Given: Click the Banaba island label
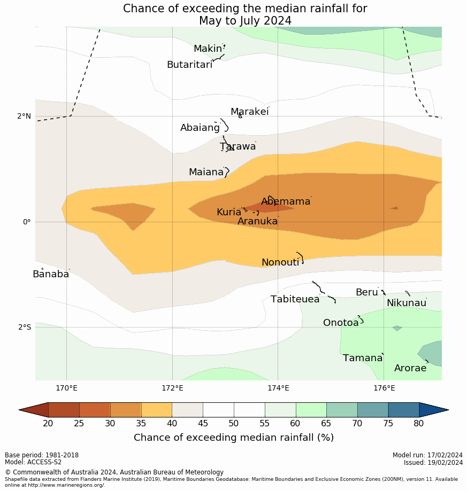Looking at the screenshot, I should pyautogui.click(x=51, y=274).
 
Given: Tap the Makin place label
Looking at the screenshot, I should pyautogui.click(x=208, y=49).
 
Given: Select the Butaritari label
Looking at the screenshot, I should pyautogui.click(x=189, y=65).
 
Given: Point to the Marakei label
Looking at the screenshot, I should pyautogui.click(x=249, y=112).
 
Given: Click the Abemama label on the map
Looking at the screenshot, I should pyautogui.click(x=286, y=201).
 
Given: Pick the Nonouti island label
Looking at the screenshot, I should pyautogui.click(x=280, y=262).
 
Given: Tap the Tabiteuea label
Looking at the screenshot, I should pyautogui.click(x=295, y=299).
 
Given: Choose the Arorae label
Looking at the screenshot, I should pyautogui.click(x=410, y=368).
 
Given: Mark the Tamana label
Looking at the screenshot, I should pyautogui.click(x=363, y=358).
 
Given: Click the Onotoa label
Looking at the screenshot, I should pyautogui.click(x=341, y=323).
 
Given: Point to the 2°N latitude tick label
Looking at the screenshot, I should pyautogui.click(x=25, y=116).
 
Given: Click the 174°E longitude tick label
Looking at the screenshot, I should pyautogui.click(x=278, y=387).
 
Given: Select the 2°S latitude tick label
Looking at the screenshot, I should pyautogui.click(x=25, y=327).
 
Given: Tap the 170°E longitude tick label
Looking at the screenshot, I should pyautogui.click(x=67, y=387).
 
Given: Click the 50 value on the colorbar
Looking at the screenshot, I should pyautogui.click(x=234, y=424).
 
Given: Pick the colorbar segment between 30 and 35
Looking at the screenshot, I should pyautogui.click(x=126, y=410).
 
